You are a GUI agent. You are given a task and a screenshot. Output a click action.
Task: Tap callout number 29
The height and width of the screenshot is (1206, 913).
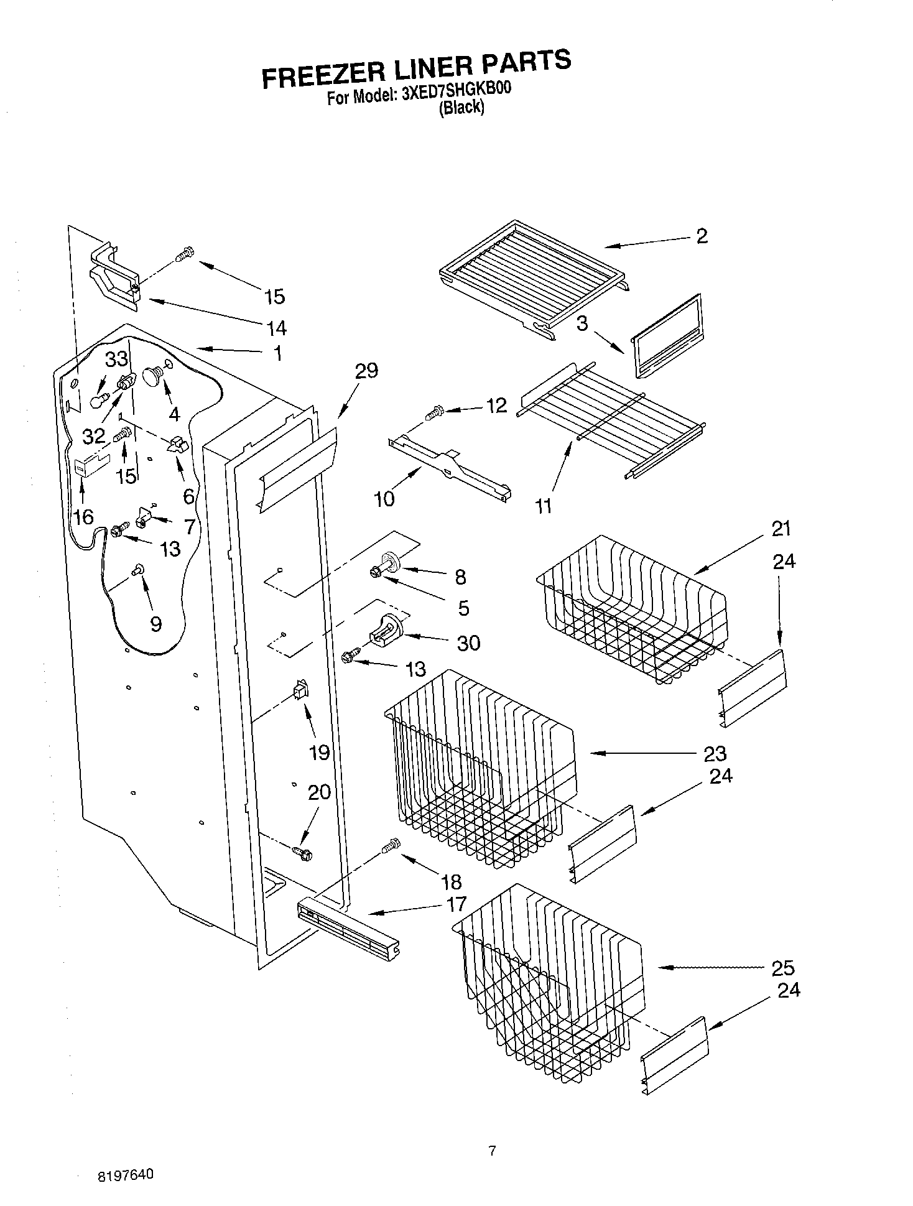[366, 371]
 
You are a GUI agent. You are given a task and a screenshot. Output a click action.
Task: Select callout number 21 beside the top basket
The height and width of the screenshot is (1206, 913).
[781, 529]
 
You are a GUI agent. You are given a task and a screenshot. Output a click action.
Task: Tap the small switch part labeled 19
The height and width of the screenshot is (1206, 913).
[300, 690]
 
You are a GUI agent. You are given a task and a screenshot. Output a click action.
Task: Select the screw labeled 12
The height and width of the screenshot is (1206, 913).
[433, 411]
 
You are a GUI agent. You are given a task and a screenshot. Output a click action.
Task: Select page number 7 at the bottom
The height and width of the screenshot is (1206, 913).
[492, 1151]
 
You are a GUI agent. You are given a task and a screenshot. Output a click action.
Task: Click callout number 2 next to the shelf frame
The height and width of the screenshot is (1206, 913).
[702, 236]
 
